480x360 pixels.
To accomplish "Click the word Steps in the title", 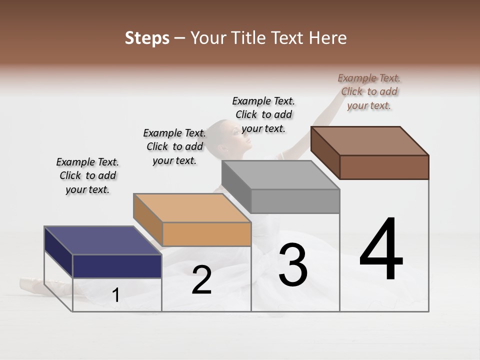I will click(146, 38).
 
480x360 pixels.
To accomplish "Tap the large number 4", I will click(381, 250).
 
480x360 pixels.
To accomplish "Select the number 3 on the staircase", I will click(292, 265).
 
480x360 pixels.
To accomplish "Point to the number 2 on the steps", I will click(201, 280).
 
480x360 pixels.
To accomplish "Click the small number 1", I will click(116, 295).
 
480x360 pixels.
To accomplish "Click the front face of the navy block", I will click(117, 266).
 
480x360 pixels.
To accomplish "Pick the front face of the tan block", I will click(206, 234).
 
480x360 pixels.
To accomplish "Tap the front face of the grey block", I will click(295, 201).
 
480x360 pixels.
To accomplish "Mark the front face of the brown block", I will click(384, 167).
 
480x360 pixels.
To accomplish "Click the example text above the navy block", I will click(87, 175).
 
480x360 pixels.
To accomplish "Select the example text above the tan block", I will click(174, 146).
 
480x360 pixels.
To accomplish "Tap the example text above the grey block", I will click(263, 114).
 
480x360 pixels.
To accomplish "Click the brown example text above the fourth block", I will click(369, 91).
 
